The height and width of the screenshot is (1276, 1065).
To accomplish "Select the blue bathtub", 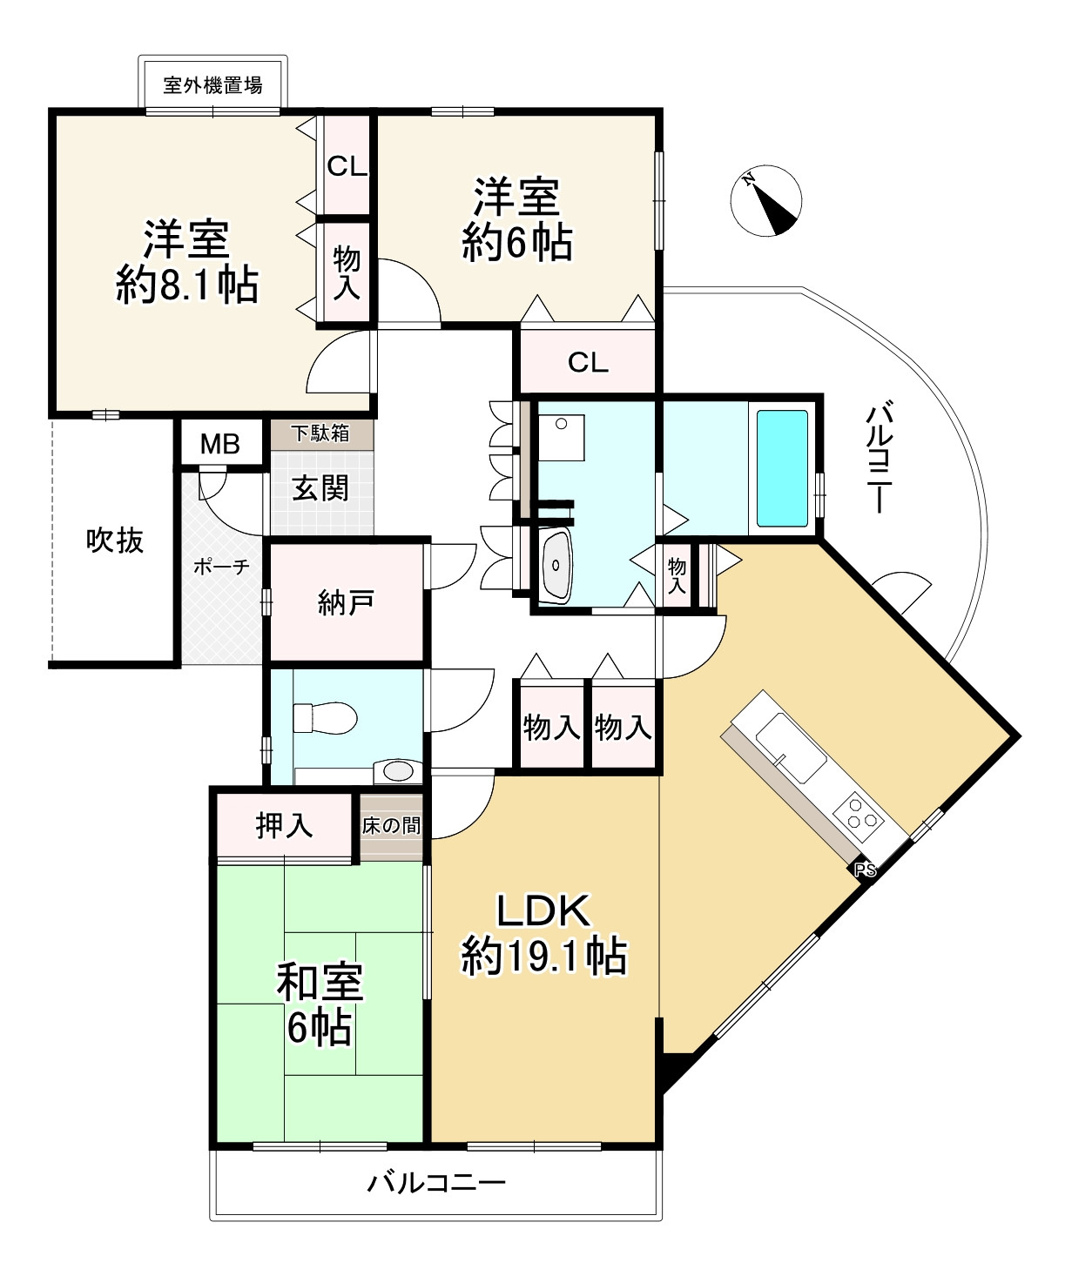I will coord(781,468).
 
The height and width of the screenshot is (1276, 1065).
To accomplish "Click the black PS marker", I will coord(865,870).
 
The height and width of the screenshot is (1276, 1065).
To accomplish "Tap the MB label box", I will coord(220,444).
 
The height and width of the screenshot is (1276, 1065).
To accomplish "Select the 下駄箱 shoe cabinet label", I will coord(320,433).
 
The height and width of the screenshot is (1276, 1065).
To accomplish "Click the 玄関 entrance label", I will coord(320,487).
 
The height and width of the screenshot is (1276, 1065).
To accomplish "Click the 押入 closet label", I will coord(285,825).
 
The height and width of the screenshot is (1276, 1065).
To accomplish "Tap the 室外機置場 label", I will coord(213,85).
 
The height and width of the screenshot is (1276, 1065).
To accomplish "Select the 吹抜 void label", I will coord(115,541).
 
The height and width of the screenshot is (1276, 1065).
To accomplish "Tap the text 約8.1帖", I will coord(187,284).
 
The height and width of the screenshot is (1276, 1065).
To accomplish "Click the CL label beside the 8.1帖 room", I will coord(347,165).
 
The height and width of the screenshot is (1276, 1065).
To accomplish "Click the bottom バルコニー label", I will coord(435,1182).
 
